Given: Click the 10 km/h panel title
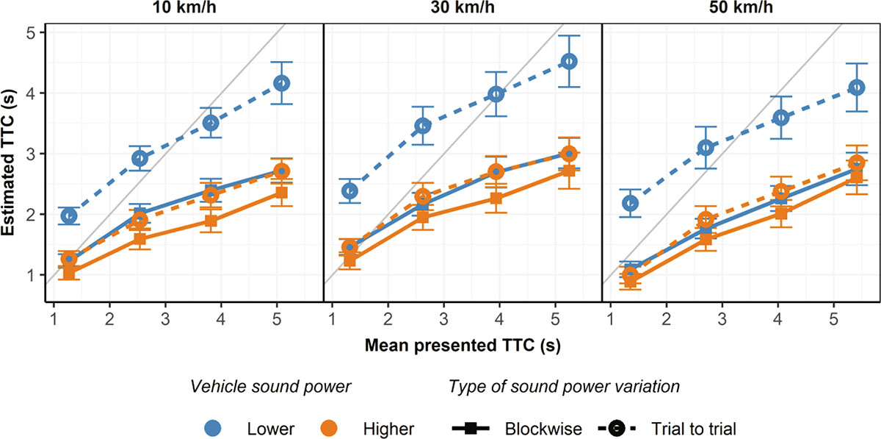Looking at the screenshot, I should point(184,10).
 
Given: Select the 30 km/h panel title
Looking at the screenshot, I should point(463,10).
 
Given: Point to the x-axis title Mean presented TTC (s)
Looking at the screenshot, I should point(463,342).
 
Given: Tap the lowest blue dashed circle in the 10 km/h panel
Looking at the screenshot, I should point(70,215).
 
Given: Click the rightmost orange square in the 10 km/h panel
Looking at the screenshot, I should point(280,193).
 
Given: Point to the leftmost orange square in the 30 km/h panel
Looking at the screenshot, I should point(349,260).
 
